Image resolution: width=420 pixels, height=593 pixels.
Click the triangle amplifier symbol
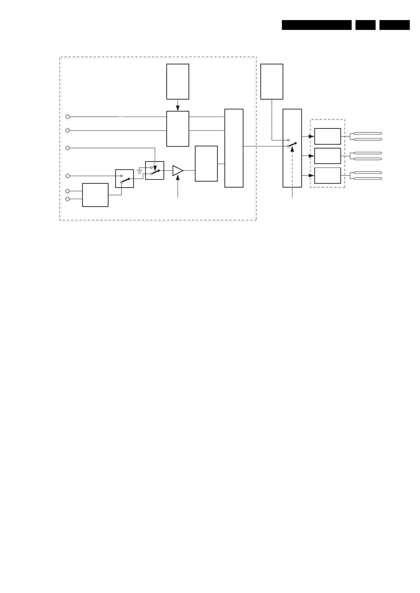coord(177,170)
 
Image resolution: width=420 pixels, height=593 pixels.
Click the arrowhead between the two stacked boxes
coord(178,107)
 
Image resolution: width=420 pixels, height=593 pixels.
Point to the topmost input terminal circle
coord(68,116)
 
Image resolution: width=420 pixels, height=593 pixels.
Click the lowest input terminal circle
coord(68,199)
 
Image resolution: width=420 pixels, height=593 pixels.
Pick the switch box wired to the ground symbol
coord(155,170)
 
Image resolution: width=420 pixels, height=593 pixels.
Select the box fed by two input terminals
coord(95,195)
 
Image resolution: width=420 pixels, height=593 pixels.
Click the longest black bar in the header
coord(316,25)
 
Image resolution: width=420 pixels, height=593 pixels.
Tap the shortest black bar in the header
coord(365,25)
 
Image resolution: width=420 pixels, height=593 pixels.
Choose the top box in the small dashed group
coord(327,136)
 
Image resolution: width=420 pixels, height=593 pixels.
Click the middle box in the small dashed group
coord(327,156)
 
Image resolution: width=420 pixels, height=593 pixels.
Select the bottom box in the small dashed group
coord(327,176)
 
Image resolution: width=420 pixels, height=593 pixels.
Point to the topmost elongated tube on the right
coord(367,133)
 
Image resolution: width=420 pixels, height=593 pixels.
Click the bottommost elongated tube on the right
coord(367,178)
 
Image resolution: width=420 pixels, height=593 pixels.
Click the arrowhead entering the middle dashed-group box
coord(311,156)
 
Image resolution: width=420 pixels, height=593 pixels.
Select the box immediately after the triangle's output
coord(206,164)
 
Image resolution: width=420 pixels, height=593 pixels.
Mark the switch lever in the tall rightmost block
coord(292,145)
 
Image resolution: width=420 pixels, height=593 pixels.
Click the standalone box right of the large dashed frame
coord(272,82)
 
